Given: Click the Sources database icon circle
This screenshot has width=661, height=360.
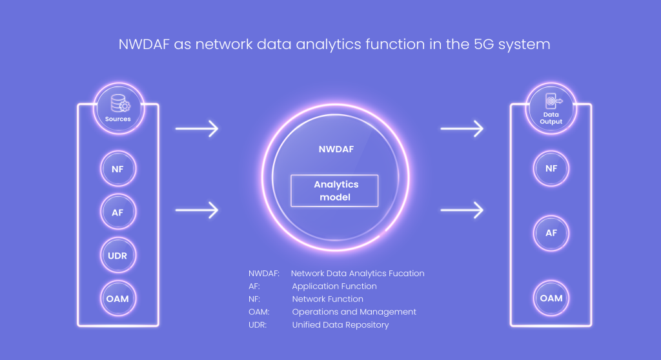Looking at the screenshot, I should point(118,108).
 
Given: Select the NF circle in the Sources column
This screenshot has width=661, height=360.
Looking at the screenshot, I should point(118,169).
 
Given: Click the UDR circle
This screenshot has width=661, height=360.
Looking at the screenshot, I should point(118,255).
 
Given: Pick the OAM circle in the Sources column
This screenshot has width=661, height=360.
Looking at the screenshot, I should point(118,299).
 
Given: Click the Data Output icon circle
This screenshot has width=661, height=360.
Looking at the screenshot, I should point(551,108).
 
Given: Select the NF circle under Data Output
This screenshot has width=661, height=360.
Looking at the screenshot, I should point(551,168).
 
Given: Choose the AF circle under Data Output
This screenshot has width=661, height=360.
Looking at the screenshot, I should point(551,233).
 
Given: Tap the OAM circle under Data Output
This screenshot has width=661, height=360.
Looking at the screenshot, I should point(551,298).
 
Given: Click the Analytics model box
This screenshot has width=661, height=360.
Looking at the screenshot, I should point(334,190).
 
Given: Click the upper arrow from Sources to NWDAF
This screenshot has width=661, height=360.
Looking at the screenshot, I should point(197,128).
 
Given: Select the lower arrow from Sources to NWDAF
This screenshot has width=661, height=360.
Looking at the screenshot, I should point(197,210).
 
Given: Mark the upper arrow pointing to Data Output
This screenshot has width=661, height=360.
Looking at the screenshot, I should point(462,128).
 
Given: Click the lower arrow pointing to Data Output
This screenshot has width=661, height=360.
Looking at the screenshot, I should point(462,210).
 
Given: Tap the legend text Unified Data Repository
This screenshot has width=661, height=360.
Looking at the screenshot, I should point(340,325).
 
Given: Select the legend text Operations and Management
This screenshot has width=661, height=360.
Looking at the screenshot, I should point(354,312).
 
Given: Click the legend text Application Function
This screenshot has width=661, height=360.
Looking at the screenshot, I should point(334,286).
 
